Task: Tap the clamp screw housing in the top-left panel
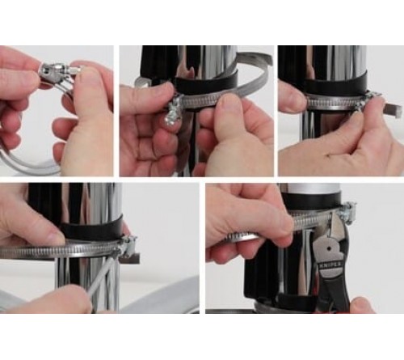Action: coord(55,74)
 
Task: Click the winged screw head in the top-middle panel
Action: coord(171,121)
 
